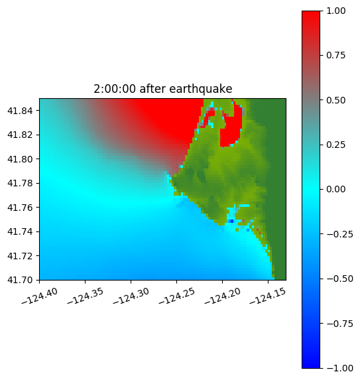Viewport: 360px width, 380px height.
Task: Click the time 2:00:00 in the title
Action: tap(115, 89)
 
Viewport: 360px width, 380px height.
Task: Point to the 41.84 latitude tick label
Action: tap(20, 111)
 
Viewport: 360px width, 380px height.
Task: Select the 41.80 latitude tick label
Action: tap(20, 159)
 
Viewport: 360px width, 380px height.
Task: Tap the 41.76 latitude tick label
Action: tap(20, 208)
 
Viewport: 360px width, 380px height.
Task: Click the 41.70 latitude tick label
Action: tap(20, 280)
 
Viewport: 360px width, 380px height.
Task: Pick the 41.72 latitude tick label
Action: tap(20, 256)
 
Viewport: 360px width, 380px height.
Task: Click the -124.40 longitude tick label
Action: tap(40, 296)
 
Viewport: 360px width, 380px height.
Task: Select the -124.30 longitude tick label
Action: tap(131, 296)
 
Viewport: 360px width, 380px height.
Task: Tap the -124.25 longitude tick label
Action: tap(177, 296)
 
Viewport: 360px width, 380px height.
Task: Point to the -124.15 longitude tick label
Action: tap(268, 296)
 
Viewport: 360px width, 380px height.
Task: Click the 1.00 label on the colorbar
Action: tap(335, 11)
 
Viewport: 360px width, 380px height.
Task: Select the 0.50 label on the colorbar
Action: tap(335, 100)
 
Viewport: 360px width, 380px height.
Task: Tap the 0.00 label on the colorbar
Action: tap(335, 189)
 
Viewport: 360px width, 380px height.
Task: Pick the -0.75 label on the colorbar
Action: tap(339, 324)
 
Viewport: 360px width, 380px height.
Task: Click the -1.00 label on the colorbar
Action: tap(339, 368)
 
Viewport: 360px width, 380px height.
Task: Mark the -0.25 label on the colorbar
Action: tap(339, 234)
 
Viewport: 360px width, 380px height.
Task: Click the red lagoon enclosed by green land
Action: tap(231, 129)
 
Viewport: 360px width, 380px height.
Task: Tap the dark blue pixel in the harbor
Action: tap(231, 221)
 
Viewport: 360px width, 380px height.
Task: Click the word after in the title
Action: tap(152, 89)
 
